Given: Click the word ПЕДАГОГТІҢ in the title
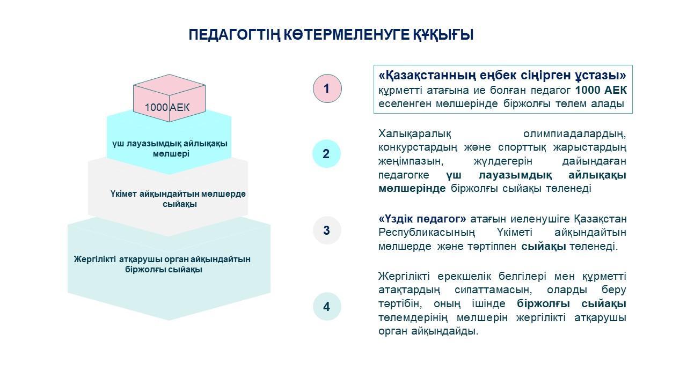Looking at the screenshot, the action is click(x=235, y=35).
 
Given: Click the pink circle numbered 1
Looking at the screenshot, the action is click(x=327, y=88).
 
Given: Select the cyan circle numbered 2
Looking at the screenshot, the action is click(x=327, y=153).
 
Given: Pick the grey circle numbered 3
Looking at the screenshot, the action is click(x=327, y=230).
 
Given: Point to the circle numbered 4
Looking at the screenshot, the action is click(x=327, y=306).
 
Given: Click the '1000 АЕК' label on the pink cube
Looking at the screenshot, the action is click(x=167, y=107).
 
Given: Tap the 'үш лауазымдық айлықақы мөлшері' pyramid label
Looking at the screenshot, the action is click(x=170, y=149).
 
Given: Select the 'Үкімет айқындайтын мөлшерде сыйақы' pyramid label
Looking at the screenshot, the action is click(x=178, y=199).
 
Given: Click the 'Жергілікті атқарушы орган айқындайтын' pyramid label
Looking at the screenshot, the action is click(x=162, y=259).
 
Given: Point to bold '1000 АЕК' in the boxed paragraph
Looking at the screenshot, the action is click(x=601, y=90).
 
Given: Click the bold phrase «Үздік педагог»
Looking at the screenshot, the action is click(x=422, y=219).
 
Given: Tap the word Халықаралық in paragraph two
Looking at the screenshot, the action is click(x=415, y=134).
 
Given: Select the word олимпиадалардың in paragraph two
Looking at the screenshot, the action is click(x=575, y=134).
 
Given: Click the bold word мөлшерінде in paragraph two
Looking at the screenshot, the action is click(x=412, y=188).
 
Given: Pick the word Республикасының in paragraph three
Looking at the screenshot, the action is click(x=427, y=233).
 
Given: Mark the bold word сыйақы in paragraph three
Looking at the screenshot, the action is click(x=544, y=246).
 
